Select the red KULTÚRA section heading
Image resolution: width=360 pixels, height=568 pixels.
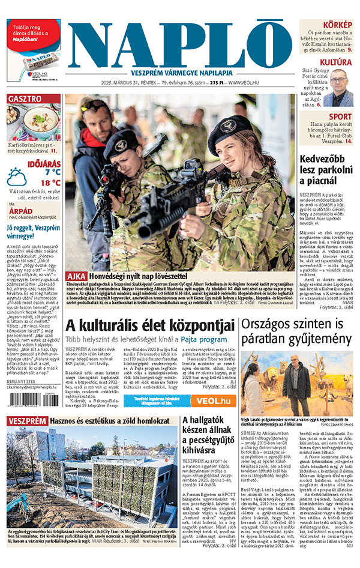pyautogui.click(x=335, y=62)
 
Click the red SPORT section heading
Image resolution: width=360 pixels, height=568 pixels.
pyautogui.click(x=340, y=116)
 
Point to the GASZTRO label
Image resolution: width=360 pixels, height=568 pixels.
pyautogui.click(x=25, y=98)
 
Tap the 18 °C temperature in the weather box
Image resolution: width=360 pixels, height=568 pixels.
pyautogui.click(x=50, y=183)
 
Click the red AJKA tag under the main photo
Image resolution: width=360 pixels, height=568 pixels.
pyautogui.click(x=77, y=276)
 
